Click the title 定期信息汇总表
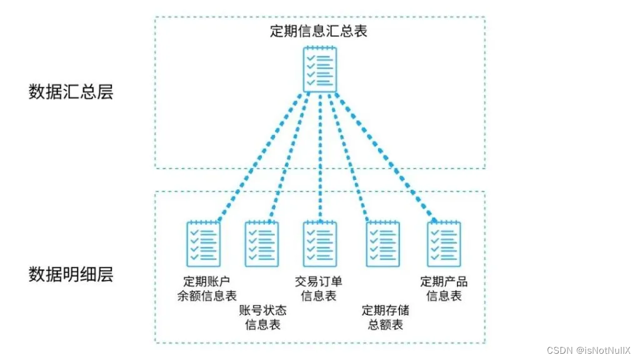coord(319,31)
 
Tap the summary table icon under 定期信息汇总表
coord(320,69)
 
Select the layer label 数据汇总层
coord(71,92)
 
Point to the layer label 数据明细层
coord(71,274)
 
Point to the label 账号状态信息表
coord(262,317)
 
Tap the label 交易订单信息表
coord(319,288)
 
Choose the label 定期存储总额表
coord(382,317)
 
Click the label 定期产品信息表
coord(444,288)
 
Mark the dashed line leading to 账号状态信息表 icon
coord(289,156)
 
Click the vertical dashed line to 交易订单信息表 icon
coord(320,156)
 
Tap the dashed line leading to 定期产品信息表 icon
coord(382,156)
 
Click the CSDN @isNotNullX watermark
coord(589,351)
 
